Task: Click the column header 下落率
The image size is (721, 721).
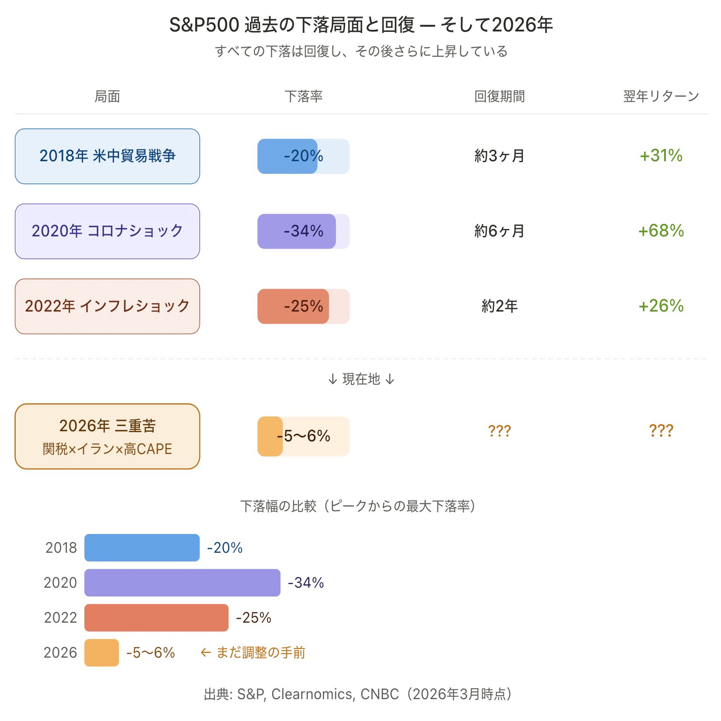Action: (303, 96)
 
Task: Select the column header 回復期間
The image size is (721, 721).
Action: (499, 96)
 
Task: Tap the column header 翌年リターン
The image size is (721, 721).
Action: (661, 96)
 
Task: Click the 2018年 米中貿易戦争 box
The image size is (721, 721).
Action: (107, 156)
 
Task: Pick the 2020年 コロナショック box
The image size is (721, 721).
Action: (107, 231)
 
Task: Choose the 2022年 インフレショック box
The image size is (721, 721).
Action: (107, 306)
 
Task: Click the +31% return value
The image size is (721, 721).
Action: (661, 156)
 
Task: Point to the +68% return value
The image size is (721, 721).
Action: (661, 231)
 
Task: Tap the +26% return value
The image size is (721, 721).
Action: (661, 306)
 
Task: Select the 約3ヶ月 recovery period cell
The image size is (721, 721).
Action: (499, 156)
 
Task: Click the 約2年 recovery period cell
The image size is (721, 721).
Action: (499, 306)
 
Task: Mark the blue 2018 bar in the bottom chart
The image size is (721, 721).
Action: (142, 548)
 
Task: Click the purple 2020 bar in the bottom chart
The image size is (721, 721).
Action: (182, 582)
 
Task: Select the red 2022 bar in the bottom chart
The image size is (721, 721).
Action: (156, 617)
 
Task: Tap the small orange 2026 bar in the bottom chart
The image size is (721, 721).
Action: (101, 652)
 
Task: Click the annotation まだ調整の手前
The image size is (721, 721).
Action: (260, 652)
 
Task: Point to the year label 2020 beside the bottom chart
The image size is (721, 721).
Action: (60, 582)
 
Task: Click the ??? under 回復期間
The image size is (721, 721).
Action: (499, 431)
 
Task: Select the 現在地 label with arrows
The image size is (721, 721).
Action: (361, 379)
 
